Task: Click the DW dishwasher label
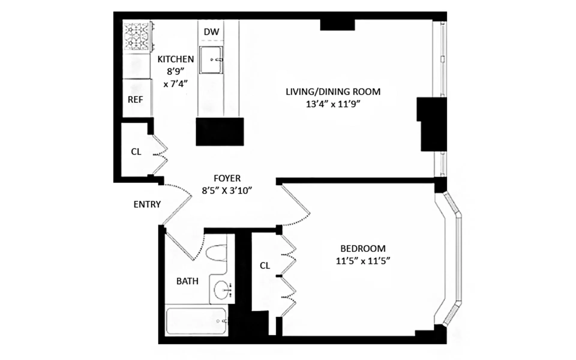pyautogui.click(x=211, y=32)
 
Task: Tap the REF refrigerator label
pyautogui.click(x=135, y=100)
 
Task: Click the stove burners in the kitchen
pyautogui.click(x=136, y=36)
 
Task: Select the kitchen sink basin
pyautogui.click(x=211, y=60)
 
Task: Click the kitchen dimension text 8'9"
pyautogui.click(x=175, y=71)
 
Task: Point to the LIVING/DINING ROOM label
pyautogui.click(x=333, y=91)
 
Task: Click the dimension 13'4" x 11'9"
pyautogui.click(x=333, y=104)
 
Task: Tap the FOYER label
pyautogui.click(x=227, y=178)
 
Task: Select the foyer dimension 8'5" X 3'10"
pyautogui.click(x=227, y=191)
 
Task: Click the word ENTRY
pyautogui.click(x=147, y=204)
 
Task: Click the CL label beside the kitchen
pyautogui.click(x=136, y=152)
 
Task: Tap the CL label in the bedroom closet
pyautogui.click(x=265, y=265)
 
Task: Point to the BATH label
pyautogui.click(x=187, y=281)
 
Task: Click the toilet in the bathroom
pyautogui.click(x=216, y=253)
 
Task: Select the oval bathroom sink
pyautogui.click(x=221, y=290)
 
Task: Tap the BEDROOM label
pyautogui.click(x=363, y=248)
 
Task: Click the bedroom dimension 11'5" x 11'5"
pyautogui.click(x=363, y=261)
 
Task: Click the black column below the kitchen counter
pyautogui.click(x=220, y=132)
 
